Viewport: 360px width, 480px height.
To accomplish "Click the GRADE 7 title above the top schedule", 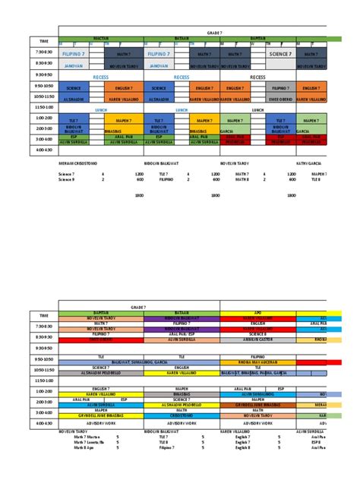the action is [215, 33].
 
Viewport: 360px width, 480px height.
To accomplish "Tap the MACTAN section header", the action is [102, 37].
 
